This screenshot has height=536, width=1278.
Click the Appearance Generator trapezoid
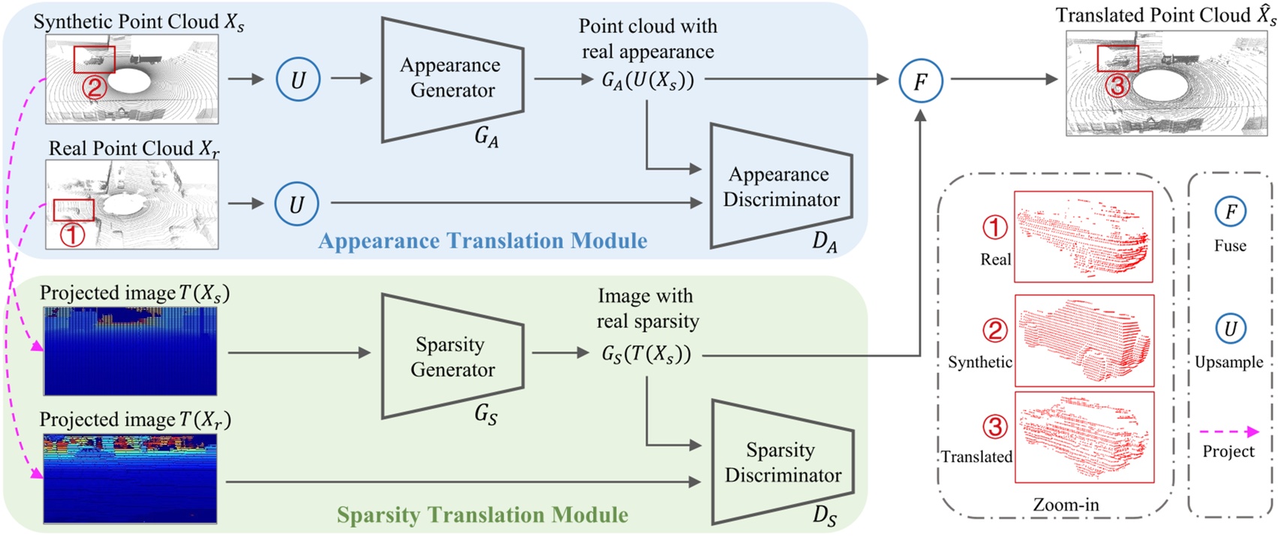[x=452, y=78]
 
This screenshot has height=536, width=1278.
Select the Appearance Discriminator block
[x=780, y=187]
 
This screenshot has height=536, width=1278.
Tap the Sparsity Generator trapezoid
[x=452, y=357]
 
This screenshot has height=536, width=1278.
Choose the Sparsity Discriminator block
[x=782, y=462]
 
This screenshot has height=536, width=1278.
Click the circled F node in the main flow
[x=920, y=80]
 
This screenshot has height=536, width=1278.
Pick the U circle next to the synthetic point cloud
[x=298, y=80]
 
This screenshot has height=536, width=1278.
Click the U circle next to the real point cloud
[x=296, y=204]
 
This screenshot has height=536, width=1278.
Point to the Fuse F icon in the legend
[x=1230, y=212]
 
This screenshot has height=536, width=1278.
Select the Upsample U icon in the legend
[x=1230, y=328]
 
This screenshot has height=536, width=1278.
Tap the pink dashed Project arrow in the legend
[x=1228, y=432]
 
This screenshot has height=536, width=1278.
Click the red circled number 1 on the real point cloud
[x=72, y=235]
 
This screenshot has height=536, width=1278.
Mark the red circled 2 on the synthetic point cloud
[x=95, y=88]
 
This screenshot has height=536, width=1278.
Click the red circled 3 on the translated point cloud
[x=1117, y=86]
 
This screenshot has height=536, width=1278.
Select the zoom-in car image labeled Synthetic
[x=1084, y=340]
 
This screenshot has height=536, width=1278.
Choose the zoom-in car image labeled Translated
[x=1084, y=436]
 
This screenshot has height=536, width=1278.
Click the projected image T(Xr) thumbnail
[x=130, y=477]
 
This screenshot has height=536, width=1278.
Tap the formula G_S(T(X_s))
[x=645, y=354]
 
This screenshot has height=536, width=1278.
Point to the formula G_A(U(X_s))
[x=648, y=80]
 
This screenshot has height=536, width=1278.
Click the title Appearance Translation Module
[x=483, y=241]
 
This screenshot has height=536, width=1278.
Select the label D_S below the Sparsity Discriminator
[x=824, y=516]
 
